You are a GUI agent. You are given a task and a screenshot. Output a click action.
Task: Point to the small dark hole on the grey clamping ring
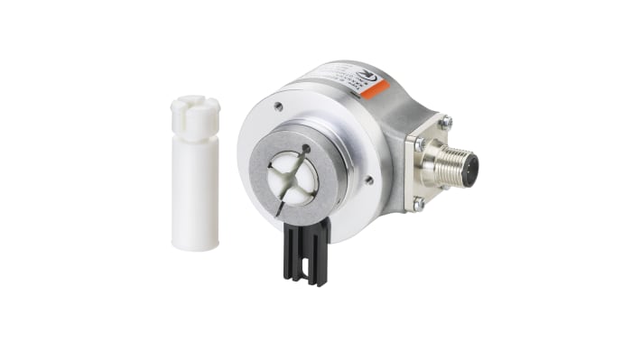pos(307,147)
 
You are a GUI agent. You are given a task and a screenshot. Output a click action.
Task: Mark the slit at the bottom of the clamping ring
pos(279,209)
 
